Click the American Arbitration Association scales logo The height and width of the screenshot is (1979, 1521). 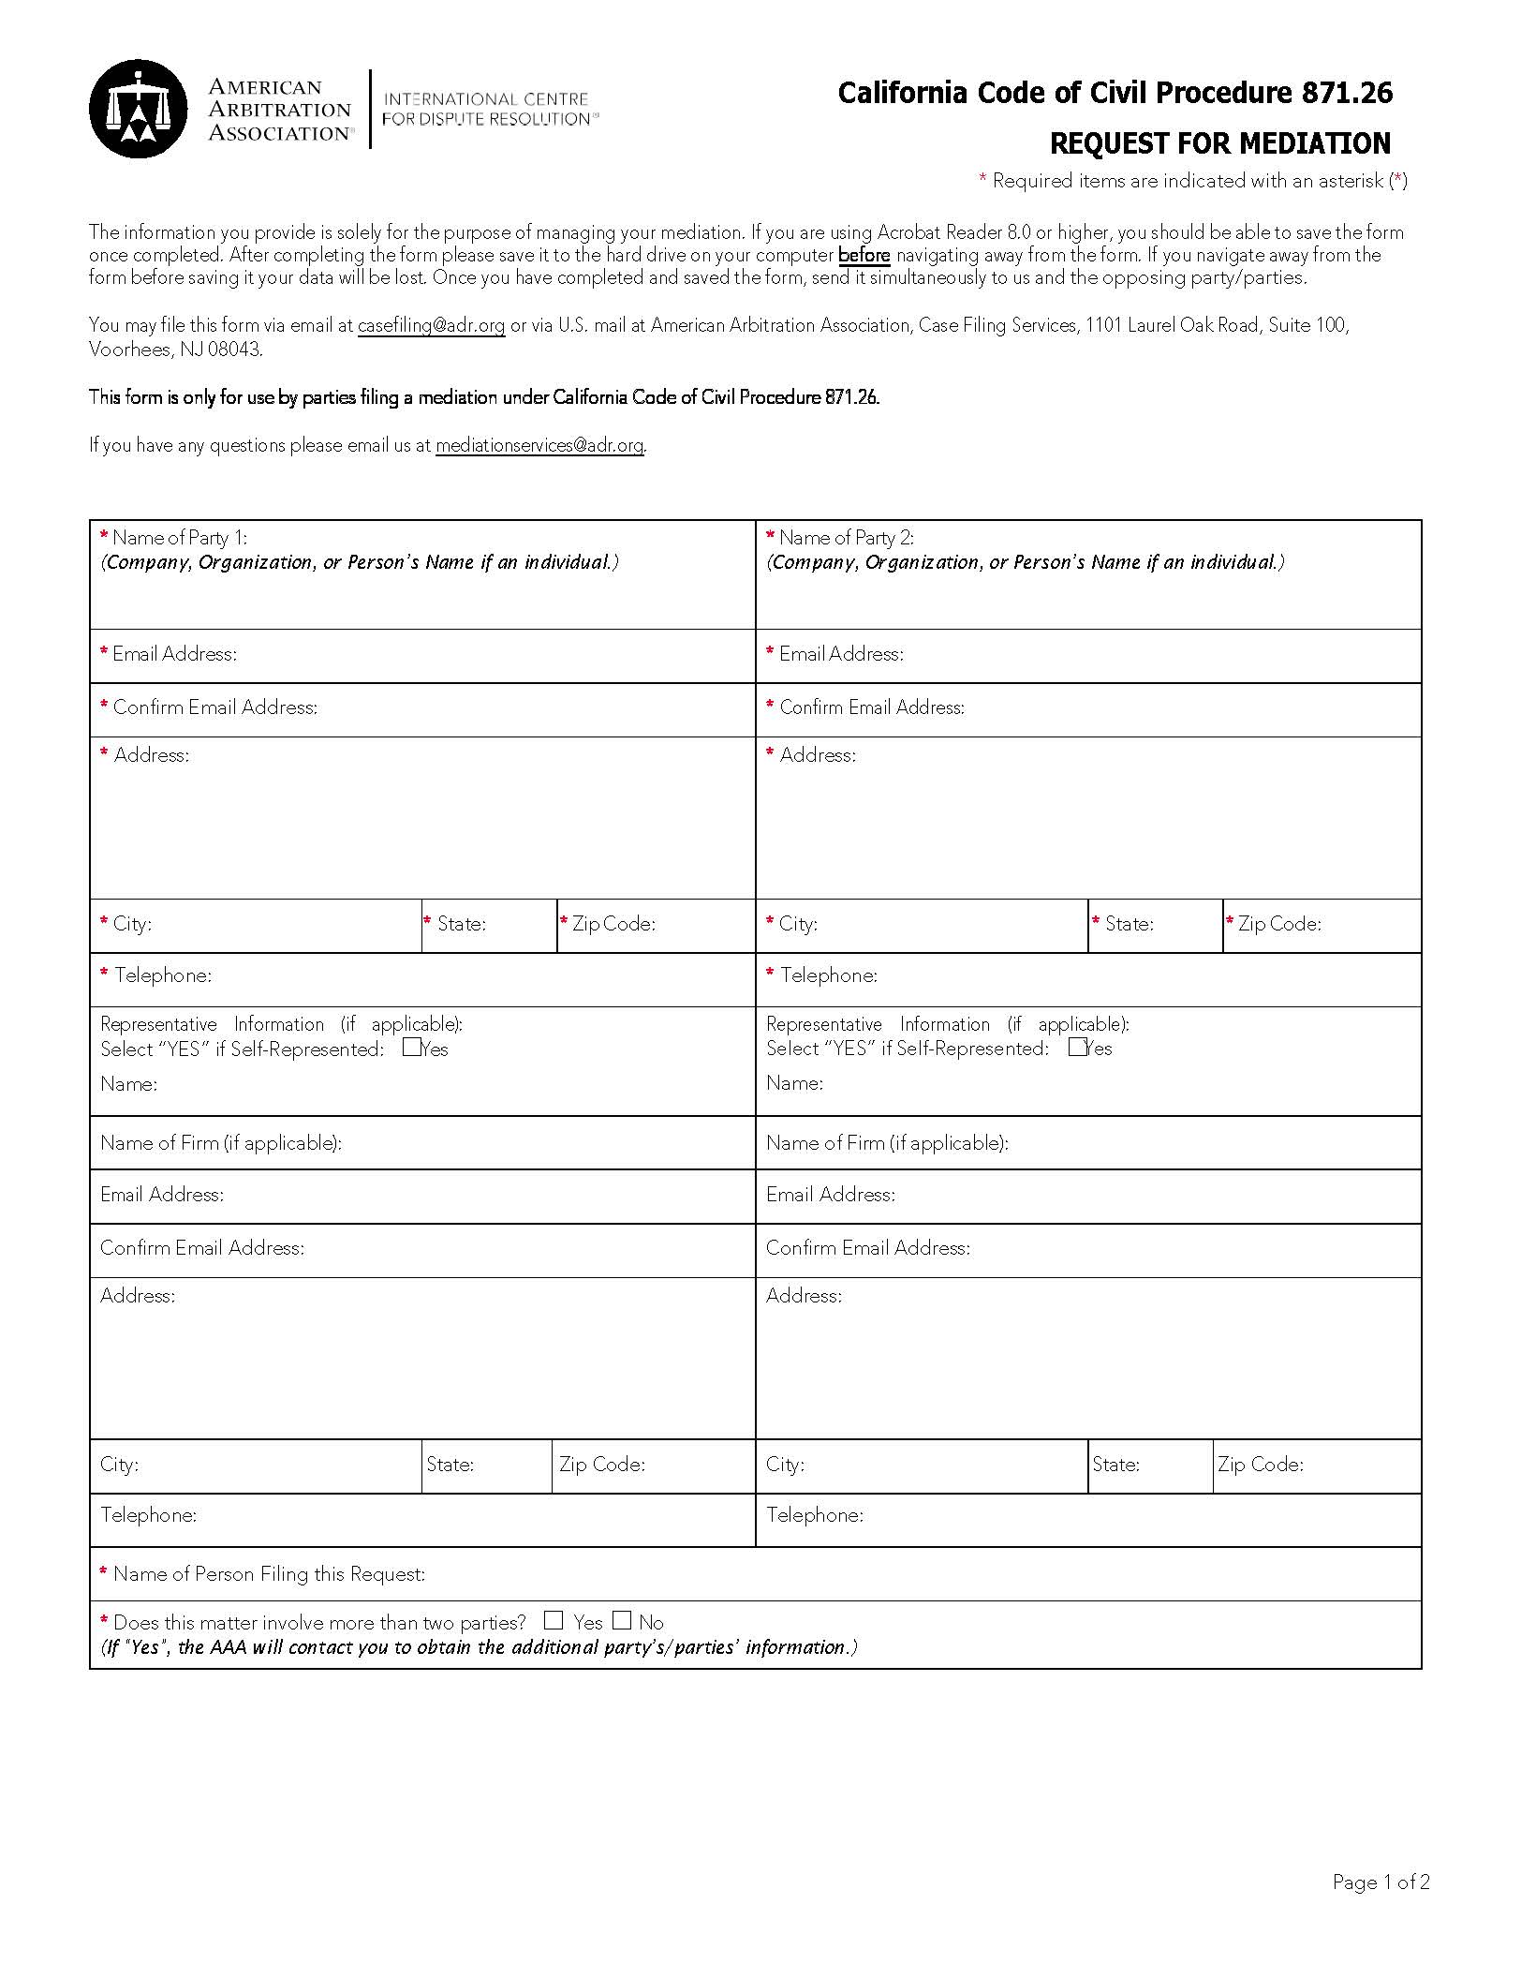point(138,109)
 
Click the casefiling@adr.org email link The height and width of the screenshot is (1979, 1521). point(431,325)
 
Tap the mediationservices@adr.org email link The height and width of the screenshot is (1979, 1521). point(539,445)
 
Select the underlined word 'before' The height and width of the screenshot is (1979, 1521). point(864,255)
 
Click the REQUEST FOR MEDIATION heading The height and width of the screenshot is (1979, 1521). point(1219,144)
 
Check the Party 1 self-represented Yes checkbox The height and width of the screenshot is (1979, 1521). point(411,1048)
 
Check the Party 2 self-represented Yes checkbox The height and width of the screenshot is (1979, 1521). point(1077,1048)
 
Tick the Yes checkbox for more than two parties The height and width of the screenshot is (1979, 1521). point(554,1620)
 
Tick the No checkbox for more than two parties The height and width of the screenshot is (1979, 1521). point(623,1620)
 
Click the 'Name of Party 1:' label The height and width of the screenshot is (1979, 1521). point(179,538)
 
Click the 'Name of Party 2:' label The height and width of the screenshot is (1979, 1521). point(846,538)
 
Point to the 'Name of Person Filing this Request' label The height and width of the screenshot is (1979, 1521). point(269,1574)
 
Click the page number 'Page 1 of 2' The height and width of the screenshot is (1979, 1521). point(1381,1882)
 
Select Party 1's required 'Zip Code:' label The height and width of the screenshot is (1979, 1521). point(613,924)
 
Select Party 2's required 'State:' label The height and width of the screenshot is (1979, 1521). point(1129,924)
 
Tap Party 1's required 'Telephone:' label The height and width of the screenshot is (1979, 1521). point(163,975)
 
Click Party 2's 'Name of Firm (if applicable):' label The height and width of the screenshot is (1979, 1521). point(886,1143)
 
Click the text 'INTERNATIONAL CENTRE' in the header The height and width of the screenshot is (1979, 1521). point(486,98)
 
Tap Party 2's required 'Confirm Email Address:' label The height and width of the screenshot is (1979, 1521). point(871,707)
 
